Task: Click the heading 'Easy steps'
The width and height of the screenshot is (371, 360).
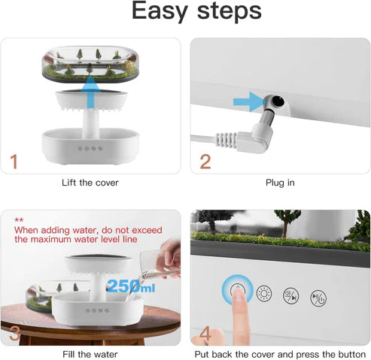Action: (x=185, y=12)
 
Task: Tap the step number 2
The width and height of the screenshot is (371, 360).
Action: (x=205, y=160)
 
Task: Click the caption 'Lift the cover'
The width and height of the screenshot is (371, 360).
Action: (x=90, y=183)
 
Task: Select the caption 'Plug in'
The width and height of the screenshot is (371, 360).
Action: (x=279, y=183)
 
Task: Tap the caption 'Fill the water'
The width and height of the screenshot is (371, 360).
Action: (x=90, y=353)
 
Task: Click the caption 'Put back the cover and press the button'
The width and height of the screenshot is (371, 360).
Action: (x=279, y=353)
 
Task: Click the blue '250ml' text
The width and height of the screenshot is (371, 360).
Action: (x=132, y=286)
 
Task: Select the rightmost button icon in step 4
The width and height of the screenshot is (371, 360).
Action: (x=319, y=296)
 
